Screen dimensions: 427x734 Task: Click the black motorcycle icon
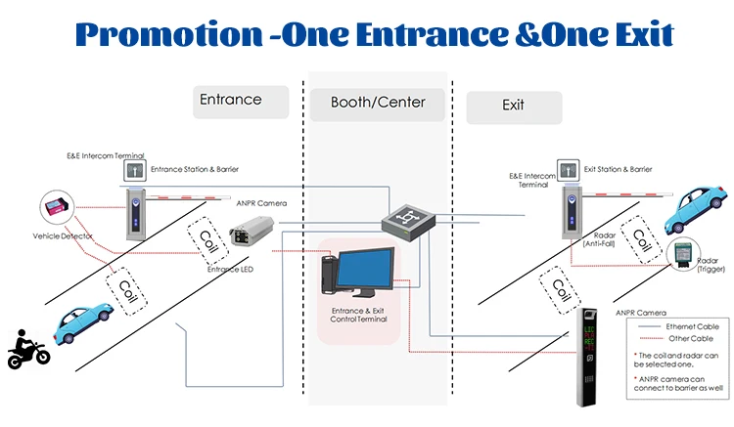[28, 349]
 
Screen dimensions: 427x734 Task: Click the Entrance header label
[231, 100]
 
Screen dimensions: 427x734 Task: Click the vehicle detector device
[54, 208]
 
